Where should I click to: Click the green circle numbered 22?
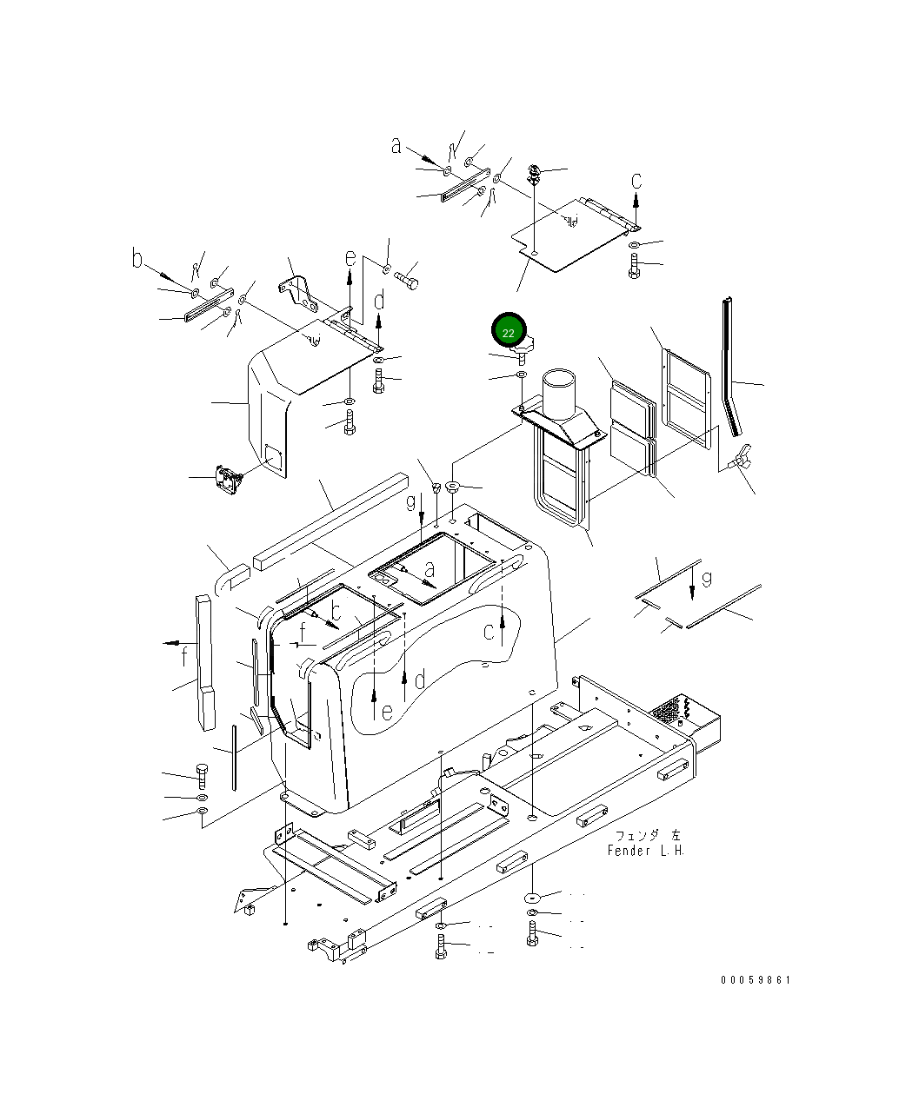pyautogui.click(x=509, y=330)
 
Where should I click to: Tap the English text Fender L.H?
pyautogui.click(x=646, y=851)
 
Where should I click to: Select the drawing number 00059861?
pyautogui.click(x=755, y=979)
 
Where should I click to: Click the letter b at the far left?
pyautogui.click(x=137, y=258)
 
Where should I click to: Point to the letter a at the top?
pyautogui.click(x=396, y=146)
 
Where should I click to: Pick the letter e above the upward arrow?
pyautogui.click(x=350, y=258)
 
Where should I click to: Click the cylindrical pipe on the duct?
pyautogui.click(x=558, y=394)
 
